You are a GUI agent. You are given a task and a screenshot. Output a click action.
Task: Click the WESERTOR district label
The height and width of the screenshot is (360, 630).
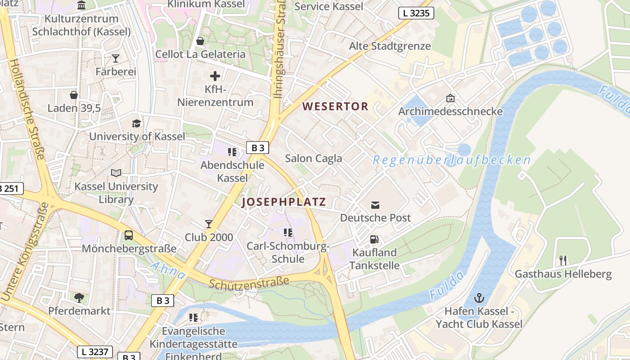pos(335,107)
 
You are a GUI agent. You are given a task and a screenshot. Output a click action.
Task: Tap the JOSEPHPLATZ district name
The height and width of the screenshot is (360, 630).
pos(283,202)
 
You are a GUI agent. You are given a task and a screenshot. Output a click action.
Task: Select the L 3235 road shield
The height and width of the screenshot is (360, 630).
pos(416,13)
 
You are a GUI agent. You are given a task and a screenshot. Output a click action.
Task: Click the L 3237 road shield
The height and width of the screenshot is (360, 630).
pos(94,351)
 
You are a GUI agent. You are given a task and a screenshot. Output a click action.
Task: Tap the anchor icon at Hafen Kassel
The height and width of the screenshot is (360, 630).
pos(479,298)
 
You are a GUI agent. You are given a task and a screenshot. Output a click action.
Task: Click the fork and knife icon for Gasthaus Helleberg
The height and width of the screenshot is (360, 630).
pos(562,260)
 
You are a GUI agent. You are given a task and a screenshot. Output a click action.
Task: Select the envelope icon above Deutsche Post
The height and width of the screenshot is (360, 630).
pos(375,205)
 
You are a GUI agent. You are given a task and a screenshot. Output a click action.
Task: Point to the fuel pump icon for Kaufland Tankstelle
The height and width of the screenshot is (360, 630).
pos(374,239)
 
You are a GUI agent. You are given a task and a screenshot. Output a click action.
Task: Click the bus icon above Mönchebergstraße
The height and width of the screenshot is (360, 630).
pos(129,235)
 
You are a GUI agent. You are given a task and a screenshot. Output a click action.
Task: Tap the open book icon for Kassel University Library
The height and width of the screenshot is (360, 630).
pos(116,173)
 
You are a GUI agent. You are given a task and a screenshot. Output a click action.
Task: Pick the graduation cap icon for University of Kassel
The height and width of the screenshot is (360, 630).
pos(136,123)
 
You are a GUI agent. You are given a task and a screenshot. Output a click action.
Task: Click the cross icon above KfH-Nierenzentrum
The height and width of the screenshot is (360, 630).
pos(215,76)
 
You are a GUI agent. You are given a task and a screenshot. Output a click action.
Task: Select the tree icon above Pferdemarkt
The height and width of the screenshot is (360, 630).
pos(79,297)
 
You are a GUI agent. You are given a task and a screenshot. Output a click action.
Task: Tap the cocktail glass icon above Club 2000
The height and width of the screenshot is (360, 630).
pos(209,224)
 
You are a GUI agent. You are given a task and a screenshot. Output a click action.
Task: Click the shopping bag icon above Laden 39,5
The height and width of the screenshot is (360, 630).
pos(74,95)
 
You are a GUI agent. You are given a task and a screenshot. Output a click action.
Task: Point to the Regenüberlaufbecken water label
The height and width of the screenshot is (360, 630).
pos(451,160)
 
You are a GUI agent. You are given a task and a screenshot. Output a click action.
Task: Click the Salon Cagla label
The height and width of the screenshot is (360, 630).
pos(313,158)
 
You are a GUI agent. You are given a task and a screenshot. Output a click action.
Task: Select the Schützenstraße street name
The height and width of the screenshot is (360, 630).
pos(249,283)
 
